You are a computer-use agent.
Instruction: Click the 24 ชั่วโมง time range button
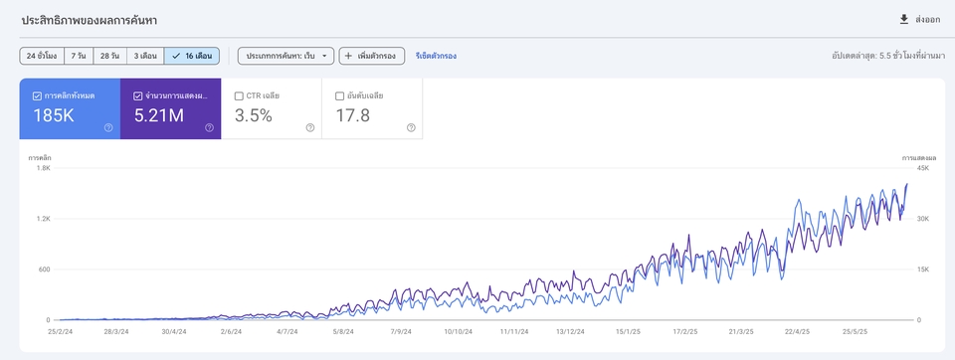click(x=42, y=56)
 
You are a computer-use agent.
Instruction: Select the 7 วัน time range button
click(x=80, y=56)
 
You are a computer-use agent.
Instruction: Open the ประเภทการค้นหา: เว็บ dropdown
click(x=286, y=56)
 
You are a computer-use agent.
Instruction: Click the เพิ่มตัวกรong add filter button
click(x=371, y=56)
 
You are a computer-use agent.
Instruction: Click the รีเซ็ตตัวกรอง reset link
click(x=436, y=56)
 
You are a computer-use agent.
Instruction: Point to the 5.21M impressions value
click(x=158, y=115)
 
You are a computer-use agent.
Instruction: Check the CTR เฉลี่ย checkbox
click(x=239, y=95)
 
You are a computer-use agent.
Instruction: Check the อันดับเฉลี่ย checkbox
click(x=339, y=95)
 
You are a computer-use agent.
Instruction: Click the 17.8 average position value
click(x=352, y=115)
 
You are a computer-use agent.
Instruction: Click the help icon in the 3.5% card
click(x=310, y=127)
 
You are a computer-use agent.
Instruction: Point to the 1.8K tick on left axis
click(x=43, y=168)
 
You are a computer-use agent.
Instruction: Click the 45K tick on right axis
click(x=922, y=168)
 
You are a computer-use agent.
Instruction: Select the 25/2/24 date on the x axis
click(x=61, y=332)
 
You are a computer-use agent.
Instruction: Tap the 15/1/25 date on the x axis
click(x=628, y=332)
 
